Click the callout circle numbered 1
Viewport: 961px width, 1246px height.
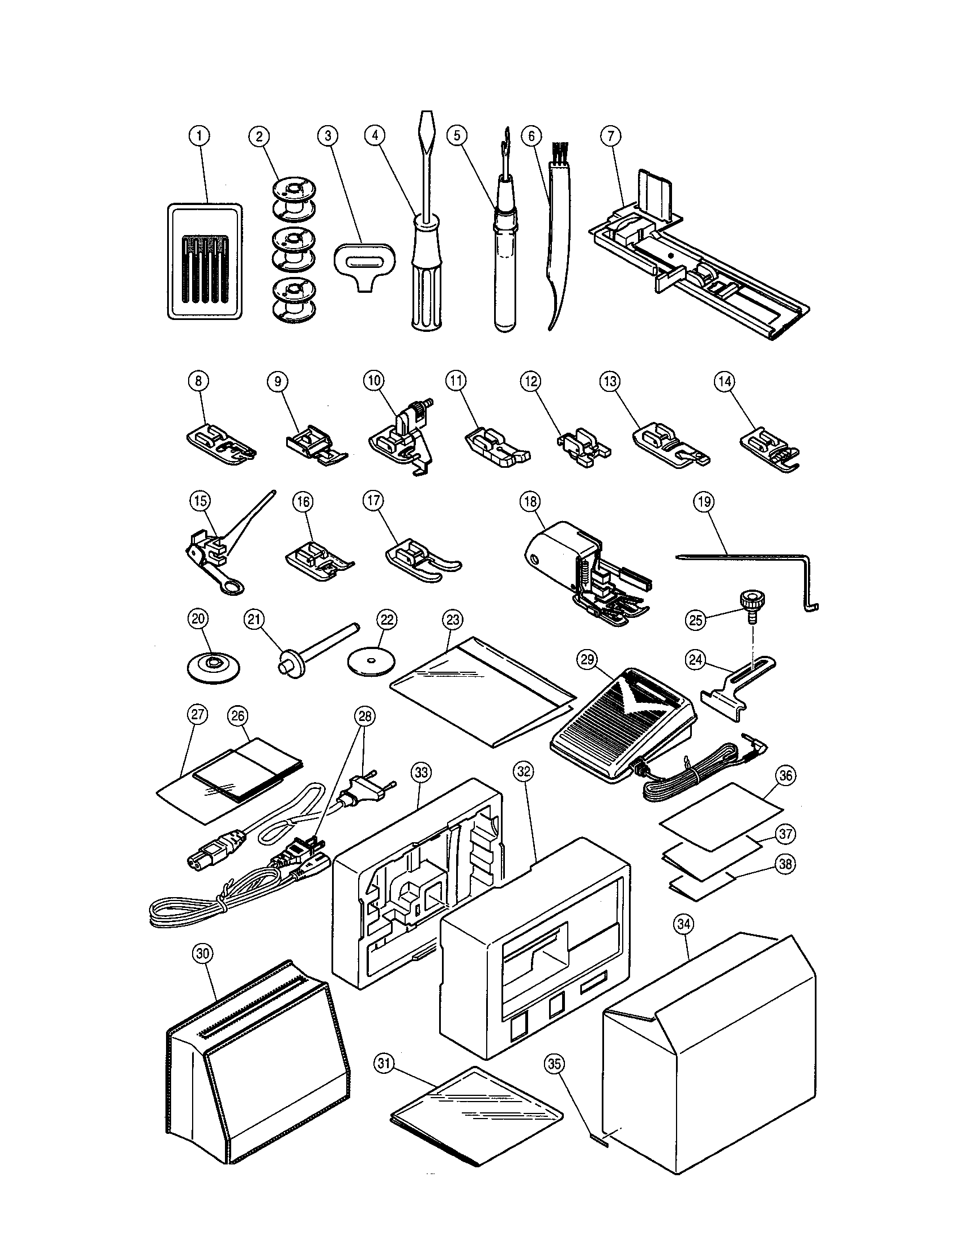point(199,136)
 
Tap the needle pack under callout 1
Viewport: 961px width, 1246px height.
point(205,262)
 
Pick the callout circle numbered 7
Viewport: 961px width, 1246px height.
point(611,136)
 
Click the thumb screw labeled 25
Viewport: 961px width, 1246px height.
point(749,601)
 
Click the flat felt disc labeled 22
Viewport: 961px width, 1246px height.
point(372,662)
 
